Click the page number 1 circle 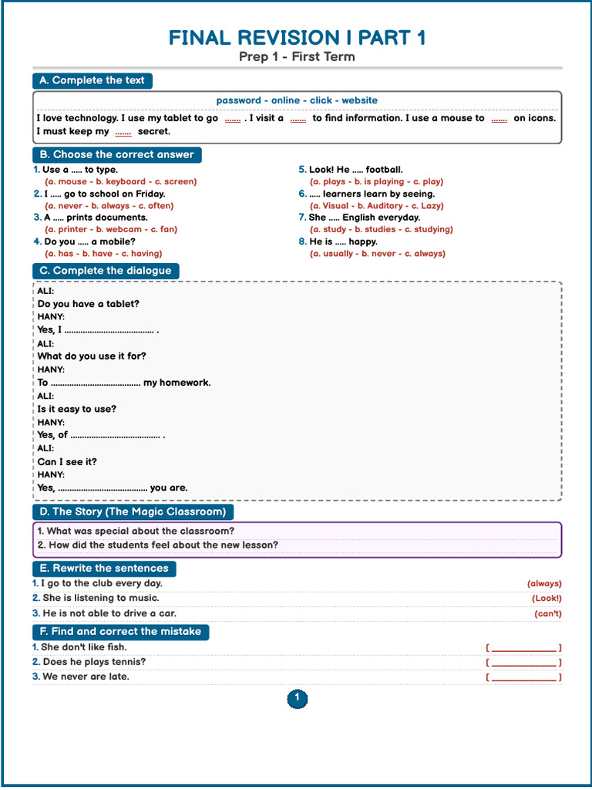tap(297, 699)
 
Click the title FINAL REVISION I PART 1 tap(297, 38)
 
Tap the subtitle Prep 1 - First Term tap(297, 57)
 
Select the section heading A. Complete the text tap(92, 81)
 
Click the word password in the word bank tap(238, 100)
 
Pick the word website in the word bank tap(359, 100)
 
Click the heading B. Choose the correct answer tap(116, 155)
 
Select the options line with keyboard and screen tap(120, 182)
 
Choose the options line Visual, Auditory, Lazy tap(377, 206)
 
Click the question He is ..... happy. tap(343, 241)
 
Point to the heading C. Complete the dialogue tap(106, 271)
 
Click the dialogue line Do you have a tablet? tap(89, 304)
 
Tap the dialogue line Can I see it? tap(67, 462)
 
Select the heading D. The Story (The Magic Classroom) tap(133, 511)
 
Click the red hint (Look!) tap(547, 599)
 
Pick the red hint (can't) tap(548, 614)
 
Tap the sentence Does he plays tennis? tap(94, 662)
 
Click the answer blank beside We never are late tap(523, 677)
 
